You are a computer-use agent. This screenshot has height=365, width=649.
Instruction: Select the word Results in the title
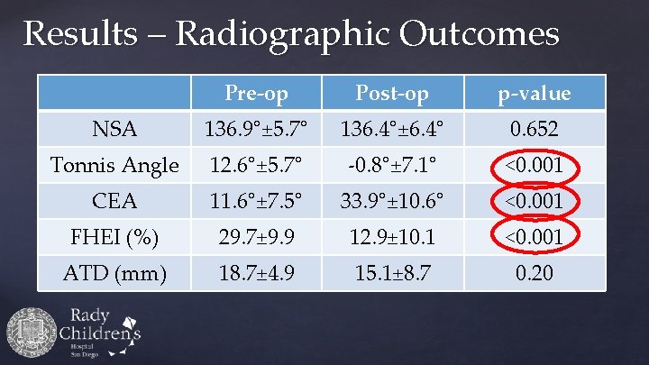pos(81,33)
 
